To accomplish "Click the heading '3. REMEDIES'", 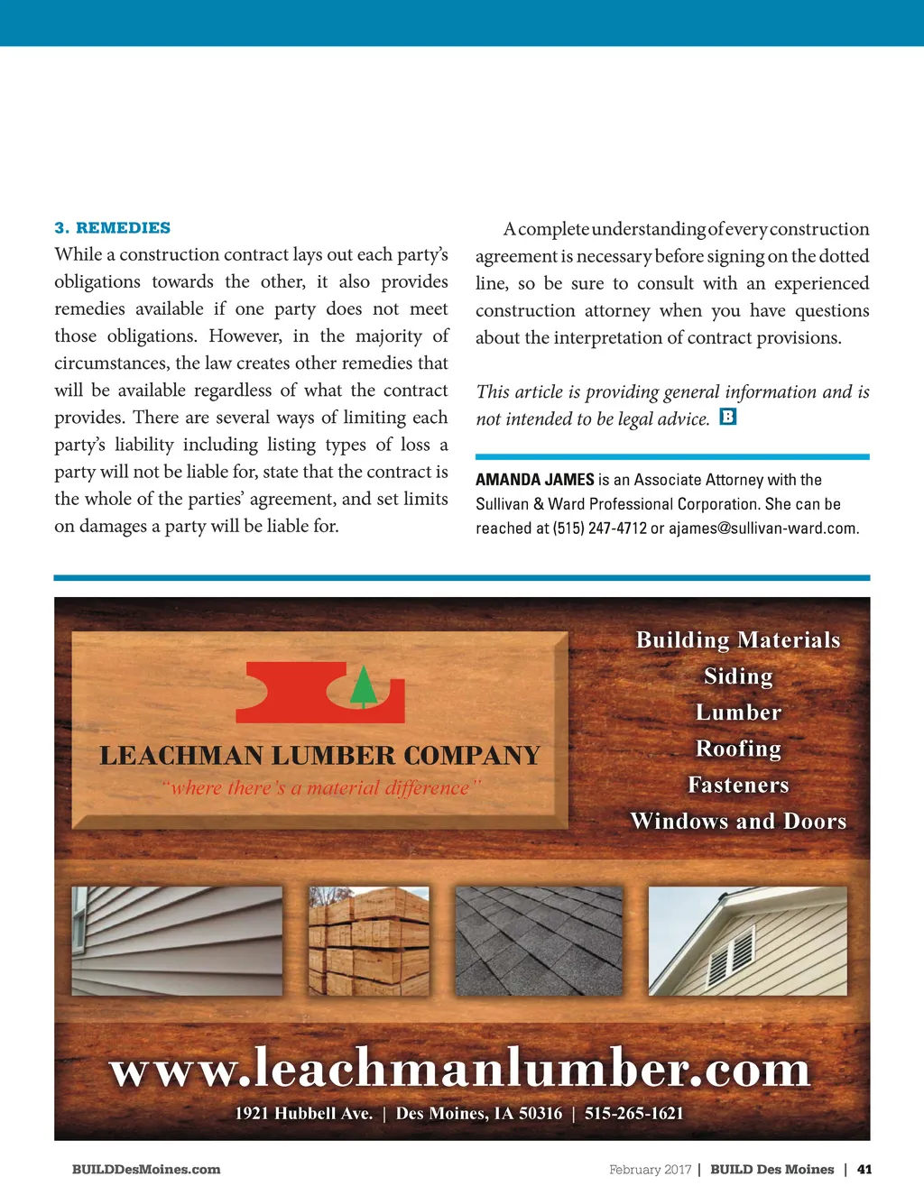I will pos(112,228).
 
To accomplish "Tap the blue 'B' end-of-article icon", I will pos(728,417).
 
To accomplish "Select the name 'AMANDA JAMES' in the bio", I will pos(534,480).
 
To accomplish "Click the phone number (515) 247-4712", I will pos(599,529).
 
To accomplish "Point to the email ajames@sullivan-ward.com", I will pos(763,529).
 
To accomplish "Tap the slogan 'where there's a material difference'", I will pos(321,788).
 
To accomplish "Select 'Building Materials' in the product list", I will pos(738,640).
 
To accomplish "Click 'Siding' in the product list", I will pos(738,676).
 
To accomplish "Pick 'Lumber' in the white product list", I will pos(738,712).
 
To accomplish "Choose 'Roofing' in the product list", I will pos(738,749).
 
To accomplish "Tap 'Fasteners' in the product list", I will pos(738,786).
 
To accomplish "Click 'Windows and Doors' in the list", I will pos(738,822).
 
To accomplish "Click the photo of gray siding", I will pos(177,941).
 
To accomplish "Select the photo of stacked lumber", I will pos(369,941).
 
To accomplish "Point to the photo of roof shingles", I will pos(539,941).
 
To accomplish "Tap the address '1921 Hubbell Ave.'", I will pos(303,1114).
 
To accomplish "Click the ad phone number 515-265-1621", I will pos(633,1114).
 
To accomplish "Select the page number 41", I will pos(864,1170).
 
